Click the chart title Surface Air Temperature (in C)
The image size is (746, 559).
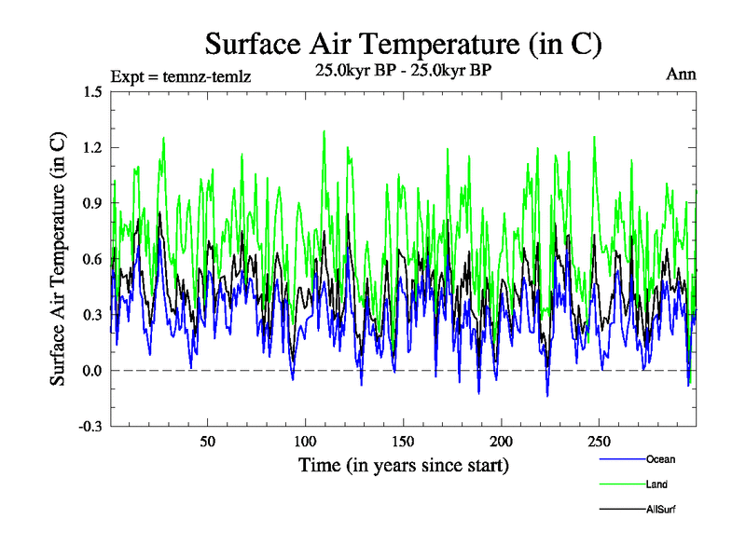(x=403, y=44)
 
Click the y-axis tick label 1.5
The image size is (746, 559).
(x=92, y=91)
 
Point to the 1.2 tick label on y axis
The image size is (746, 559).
(x=92, y=147)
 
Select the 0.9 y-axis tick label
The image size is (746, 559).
(x=92, y=203)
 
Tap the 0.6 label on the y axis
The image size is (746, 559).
(x=92, y=259)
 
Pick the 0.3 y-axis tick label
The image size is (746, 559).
(x=92, y=315)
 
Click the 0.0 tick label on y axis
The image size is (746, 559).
(x=92, y=371)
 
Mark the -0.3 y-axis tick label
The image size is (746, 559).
(x=90, y=427)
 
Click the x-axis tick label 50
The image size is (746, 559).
(x=208, y=442)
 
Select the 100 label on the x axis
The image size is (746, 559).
(x=306, y=442)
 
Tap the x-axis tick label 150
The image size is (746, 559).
(x=404, y=442)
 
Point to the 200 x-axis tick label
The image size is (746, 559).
(x=502, y=442)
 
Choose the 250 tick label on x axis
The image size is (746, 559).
(x=600, y=442)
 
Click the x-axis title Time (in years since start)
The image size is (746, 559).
(x=403, y=464)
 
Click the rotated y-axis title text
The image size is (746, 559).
(x=58, y=259)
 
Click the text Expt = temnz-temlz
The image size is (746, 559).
(x=181, y=75)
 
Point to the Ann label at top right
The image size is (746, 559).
(x=681, y=75)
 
